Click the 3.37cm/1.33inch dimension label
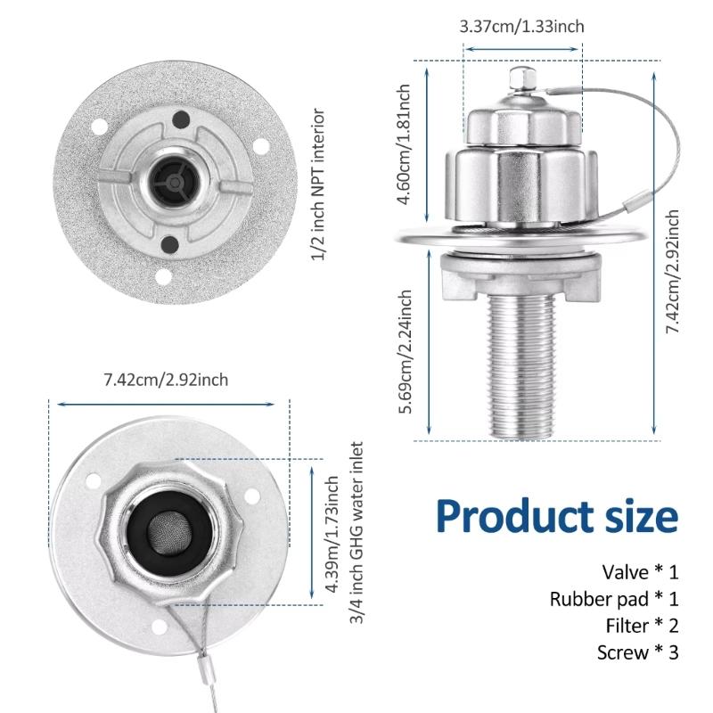coord(521,26)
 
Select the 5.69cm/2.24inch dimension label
coord(406,351)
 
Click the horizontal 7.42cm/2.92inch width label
coord(166,380)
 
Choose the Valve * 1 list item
coord(640,571)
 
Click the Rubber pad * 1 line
coord(614,599)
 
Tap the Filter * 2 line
coord(638,626)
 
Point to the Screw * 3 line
coord(637,652)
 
